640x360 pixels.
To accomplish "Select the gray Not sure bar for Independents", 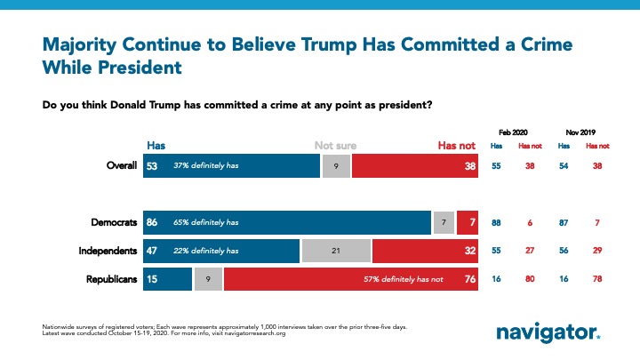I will pos(336,251).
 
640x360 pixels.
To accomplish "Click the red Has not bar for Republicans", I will pos(351,280).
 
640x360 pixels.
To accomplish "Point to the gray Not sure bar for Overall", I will pos(335,166).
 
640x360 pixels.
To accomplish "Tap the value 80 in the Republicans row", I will pos(530,280).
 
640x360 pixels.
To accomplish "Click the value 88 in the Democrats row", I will pos(498,221).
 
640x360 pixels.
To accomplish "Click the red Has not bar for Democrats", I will pos(467,221).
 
